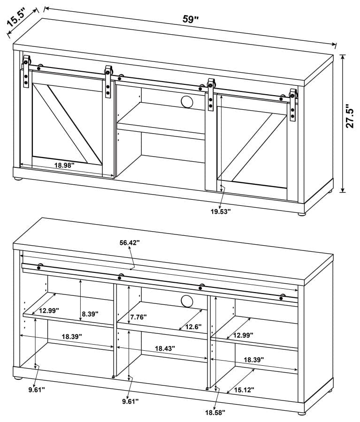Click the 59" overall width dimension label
click(x=191, y=19)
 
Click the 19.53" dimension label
click(x=220, y=211)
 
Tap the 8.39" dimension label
click(x=89, y=314)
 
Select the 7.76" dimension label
click(x=138, y=317)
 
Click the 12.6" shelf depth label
click(x=193, y=326)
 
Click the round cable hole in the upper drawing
click(x=186, y=102)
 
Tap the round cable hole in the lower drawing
click(x=185, y=301)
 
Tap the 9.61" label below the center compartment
click(x=130, y=401)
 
